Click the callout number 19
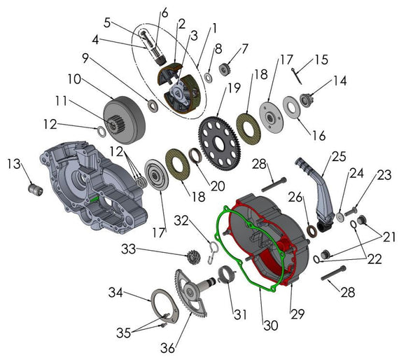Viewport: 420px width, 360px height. pos(233,89)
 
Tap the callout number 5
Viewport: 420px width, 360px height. pos(108,22)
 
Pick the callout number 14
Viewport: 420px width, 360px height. pos(339,80)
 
